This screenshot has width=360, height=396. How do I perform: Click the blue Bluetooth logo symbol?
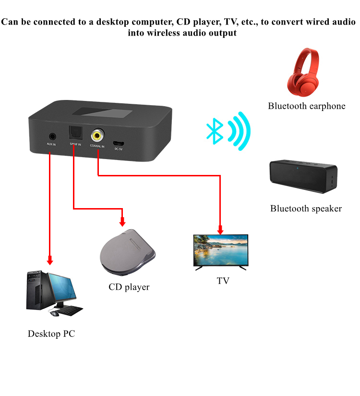[214, 128]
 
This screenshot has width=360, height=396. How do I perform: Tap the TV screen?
[220, 250]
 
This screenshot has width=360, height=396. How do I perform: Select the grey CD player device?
[127, 253]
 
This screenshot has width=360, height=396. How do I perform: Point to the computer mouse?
[55, 314]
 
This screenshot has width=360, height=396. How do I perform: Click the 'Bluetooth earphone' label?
[307, 106]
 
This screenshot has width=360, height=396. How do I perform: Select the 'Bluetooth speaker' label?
[306, 209]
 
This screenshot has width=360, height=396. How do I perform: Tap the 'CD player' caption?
[129, 287]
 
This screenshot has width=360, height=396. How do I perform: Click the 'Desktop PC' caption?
[51, 334]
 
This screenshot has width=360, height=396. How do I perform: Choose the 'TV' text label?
[223, 281]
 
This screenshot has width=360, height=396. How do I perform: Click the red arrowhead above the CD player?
[122, 222]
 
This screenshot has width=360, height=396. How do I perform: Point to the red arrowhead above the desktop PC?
[49, 261]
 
